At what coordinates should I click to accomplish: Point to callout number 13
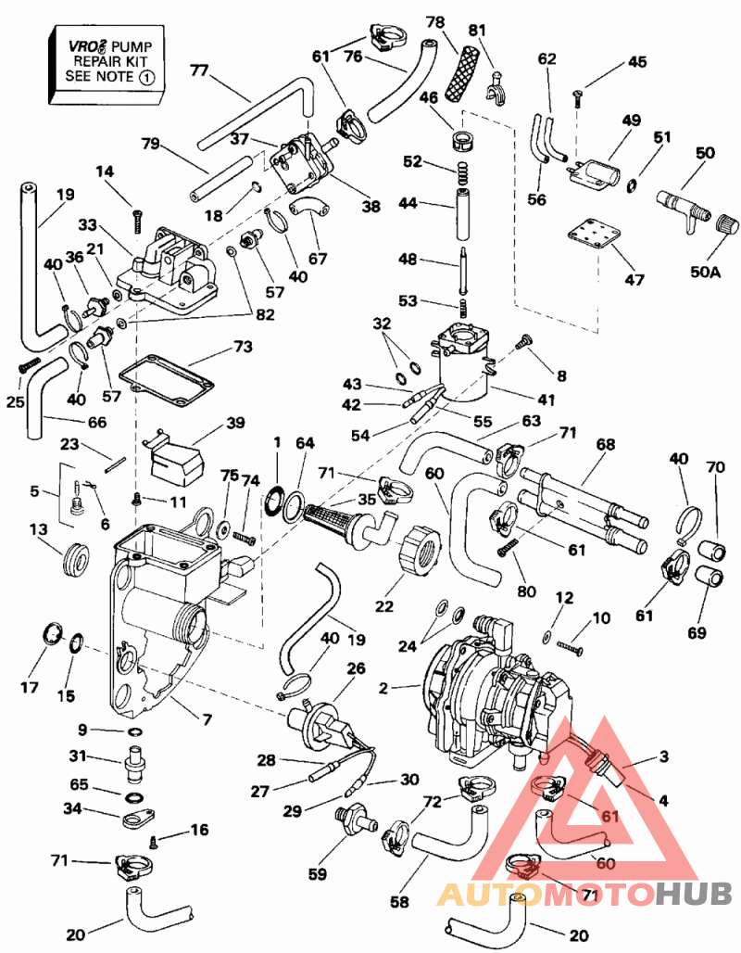point(37,529)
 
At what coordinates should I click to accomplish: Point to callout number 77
point(199,69)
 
